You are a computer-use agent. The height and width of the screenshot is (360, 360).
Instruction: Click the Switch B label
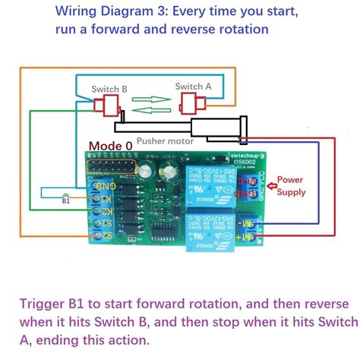[x=109, y=90]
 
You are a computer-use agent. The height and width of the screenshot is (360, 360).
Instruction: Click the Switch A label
[x=193, y=87]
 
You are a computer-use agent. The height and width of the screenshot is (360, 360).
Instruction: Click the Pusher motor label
[x=165, y=141]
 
